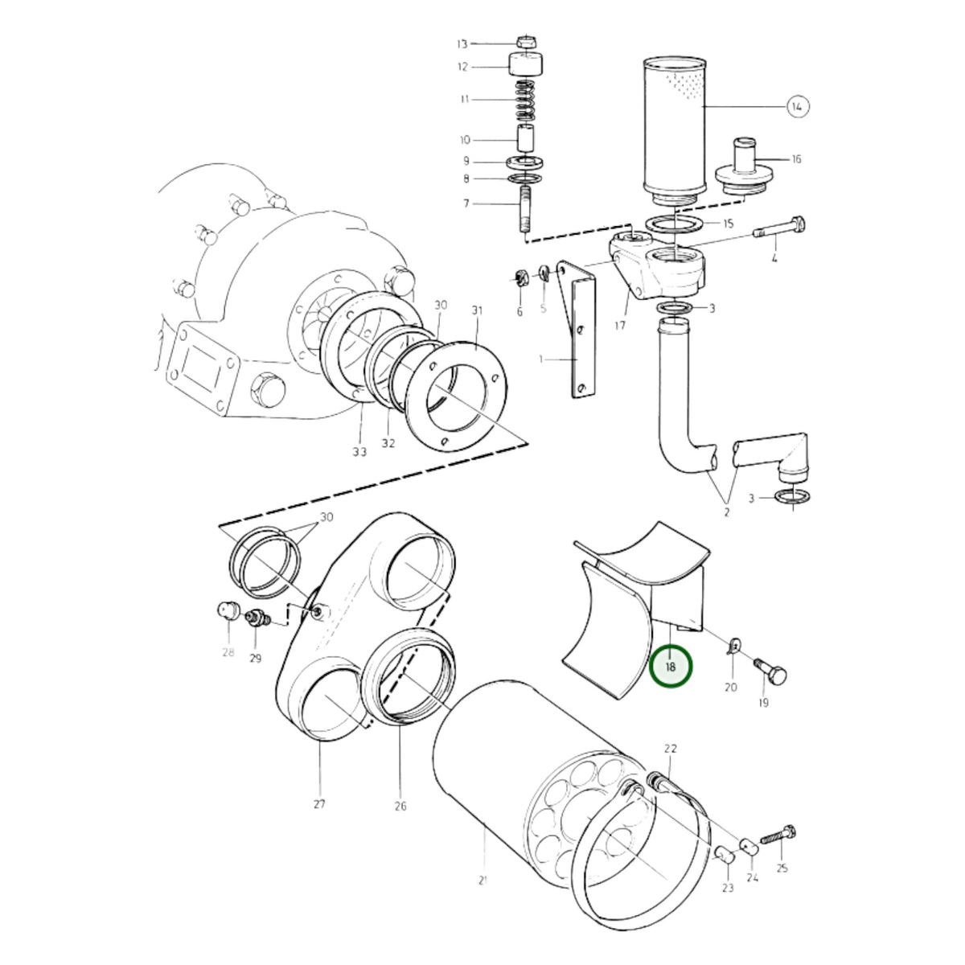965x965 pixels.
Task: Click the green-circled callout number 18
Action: (670, 667)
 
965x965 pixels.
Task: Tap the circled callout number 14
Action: (798, 106)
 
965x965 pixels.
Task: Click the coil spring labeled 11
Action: (525, 100)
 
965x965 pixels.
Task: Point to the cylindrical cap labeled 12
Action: (526, 64)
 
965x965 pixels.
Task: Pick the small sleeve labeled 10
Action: (526, 140)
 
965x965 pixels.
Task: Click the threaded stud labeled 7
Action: (526, 208)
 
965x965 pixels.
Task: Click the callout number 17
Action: (620, 326)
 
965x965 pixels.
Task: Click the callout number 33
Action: (359, 452)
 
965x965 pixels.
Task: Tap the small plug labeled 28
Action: (227, 611)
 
